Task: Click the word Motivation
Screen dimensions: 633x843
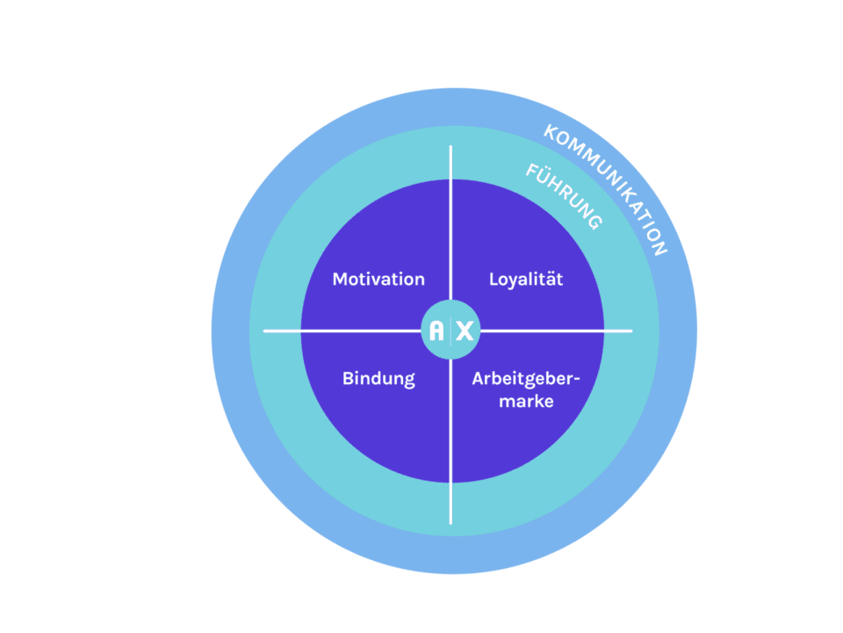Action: pos(378,280)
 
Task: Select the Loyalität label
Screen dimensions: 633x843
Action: pos(525,280)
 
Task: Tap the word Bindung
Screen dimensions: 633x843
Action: pos(378,380)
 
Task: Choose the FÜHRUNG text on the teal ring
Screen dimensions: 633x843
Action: pos(564,196)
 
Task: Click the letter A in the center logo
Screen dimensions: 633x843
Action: pos(436,331)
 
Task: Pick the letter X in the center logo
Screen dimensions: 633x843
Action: pos(465,331)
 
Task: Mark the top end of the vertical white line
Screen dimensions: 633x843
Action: pos(451,147)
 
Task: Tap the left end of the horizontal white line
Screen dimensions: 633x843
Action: pos(265,331)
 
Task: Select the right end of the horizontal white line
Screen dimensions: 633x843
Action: pos(630,331)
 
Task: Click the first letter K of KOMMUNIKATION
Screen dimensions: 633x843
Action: pos(551,132)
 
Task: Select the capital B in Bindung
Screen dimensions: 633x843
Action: pos(347,380)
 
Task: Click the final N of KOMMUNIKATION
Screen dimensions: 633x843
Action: pos(660,249)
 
